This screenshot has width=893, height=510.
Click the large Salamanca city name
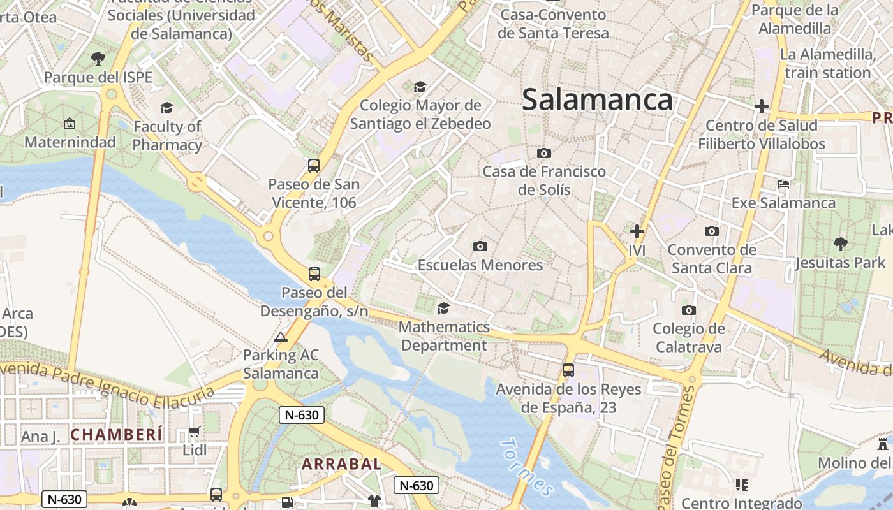click(598, 100)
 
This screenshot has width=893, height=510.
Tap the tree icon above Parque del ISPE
click(98, 59)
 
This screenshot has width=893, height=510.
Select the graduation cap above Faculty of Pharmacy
click(166, 108)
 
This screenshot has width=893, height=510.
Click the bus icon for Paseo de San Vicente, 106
click(314, 166)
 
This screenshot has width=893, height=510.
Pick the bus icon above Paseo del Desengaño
click(314, 274)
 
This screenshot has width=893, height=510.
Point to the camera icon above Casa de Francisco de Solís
click(544, 153)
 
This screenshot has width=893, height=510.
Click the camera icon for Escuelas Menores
click(480, 246)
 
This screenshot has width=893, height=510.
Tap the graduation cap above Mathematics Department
click(443, 309)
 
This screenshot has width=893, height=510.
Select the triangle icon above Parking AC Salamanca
click(281, 337)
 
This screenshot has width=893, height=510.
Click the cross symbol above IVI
click(637, 231)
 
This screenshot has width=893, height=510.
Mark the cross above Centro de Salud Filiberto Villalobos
click(761, 106)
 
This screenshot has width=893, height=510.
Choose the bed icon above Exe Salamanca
click(783, 184)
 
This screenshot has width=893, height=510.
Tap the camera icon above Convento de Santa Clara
click(712, 231)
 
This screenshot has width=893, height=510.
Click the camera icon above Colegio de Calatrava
click(689, 310)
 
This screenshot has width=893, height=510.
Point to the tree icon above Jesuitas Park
click(841, 244)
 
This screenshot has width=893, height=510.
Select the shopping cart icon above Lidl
click(195, 432)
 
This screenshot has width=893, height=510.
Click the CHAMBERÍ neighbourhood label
click(117, 435)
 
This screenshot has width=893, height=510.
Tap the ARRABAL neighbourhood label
click(342, 464)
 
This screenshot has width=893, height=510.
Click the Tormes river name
click(527, 467)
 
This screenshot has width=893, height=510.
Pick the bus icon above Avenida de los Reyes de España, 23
click(568, 370)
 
